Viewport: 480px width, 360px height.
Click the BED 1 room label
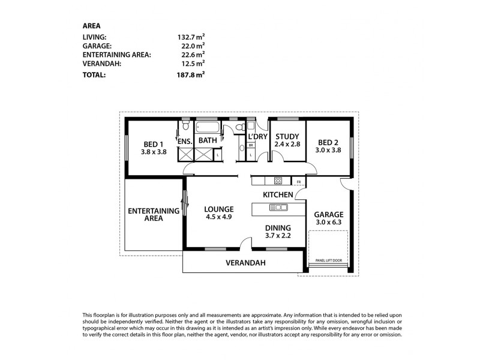coord(153,144)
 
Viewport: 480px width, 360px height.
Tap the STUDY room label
coord(287,136)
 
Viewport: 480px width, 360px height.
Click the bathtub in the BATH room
coord(208,128)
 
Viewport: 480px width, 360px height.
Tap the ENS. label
coord(184,141)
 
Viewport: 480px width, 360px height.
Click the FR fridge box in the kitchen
coord(298,181)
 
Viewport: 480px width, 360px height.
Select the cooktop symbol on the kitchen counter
coord(278,181)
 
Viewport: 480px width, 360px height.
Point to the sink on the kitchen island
coord(278,208)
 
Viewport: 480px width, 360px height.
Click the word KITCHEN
coord(278,194)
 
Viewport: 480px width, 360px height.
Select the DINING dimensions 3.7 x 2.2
coord(278,236)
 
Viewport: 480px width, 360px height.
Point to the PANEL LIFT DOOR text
coord(328,260)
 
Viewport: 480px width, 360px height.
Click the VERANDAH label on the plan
coord(245,263)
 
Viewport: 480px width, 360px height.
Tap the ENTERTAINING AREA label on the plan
coord(154,214)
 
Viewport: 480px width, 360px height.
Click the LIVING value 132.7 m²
coord(188,37)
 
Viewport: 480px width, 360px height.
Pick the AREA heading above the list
coord(91,25)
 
